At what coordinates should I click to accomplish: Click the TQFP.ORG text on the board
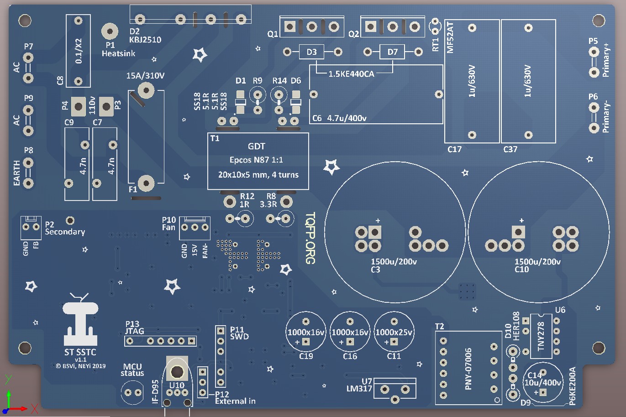(x=310, y=238)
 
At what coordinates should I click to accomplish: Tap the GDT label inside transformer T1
(x=256, y=146)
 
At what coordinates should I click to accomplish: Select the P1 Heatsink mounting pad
(x=110, y=32)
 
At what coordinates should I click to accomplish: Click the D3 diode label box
(x=311, y=52)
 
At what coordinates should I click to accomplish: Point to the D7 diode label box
(x=392, y=52)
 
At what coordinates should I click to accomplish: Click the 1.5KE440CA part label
(x=351, y=74)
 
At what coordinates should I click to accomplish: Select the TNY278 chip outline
(x=541, y=336)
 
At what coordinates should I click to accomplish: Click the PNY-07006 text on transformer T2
(x=468, y=369)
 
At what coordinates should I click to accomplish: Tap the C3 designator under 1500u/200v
(x=375, y=269)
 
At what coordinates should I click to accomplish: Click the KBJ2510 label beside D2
(x=145, y=40)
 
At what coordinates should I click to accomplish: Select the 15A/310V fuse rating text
(x=145, y=75)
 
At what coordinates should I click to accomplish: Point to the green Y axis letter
(x=8, y=379)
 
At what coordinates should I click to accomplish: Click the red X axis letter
(x=34, y=409)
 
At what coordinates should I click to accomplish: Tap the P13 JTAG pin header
(x=160, y=341)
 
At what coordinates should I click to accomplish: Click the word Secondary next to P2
(x=65, y=232)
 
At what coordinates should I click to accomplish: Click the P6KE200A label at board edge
(x=573, y=386)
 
